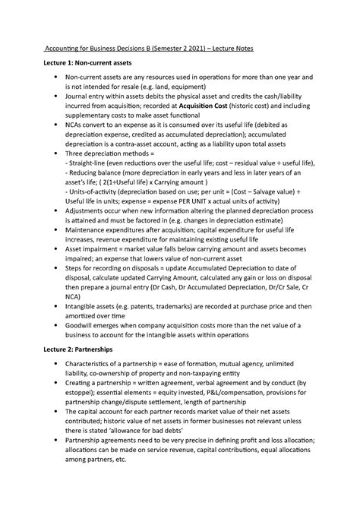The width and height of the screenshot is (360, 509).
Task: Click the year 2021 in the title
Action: tap(210, 48)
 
